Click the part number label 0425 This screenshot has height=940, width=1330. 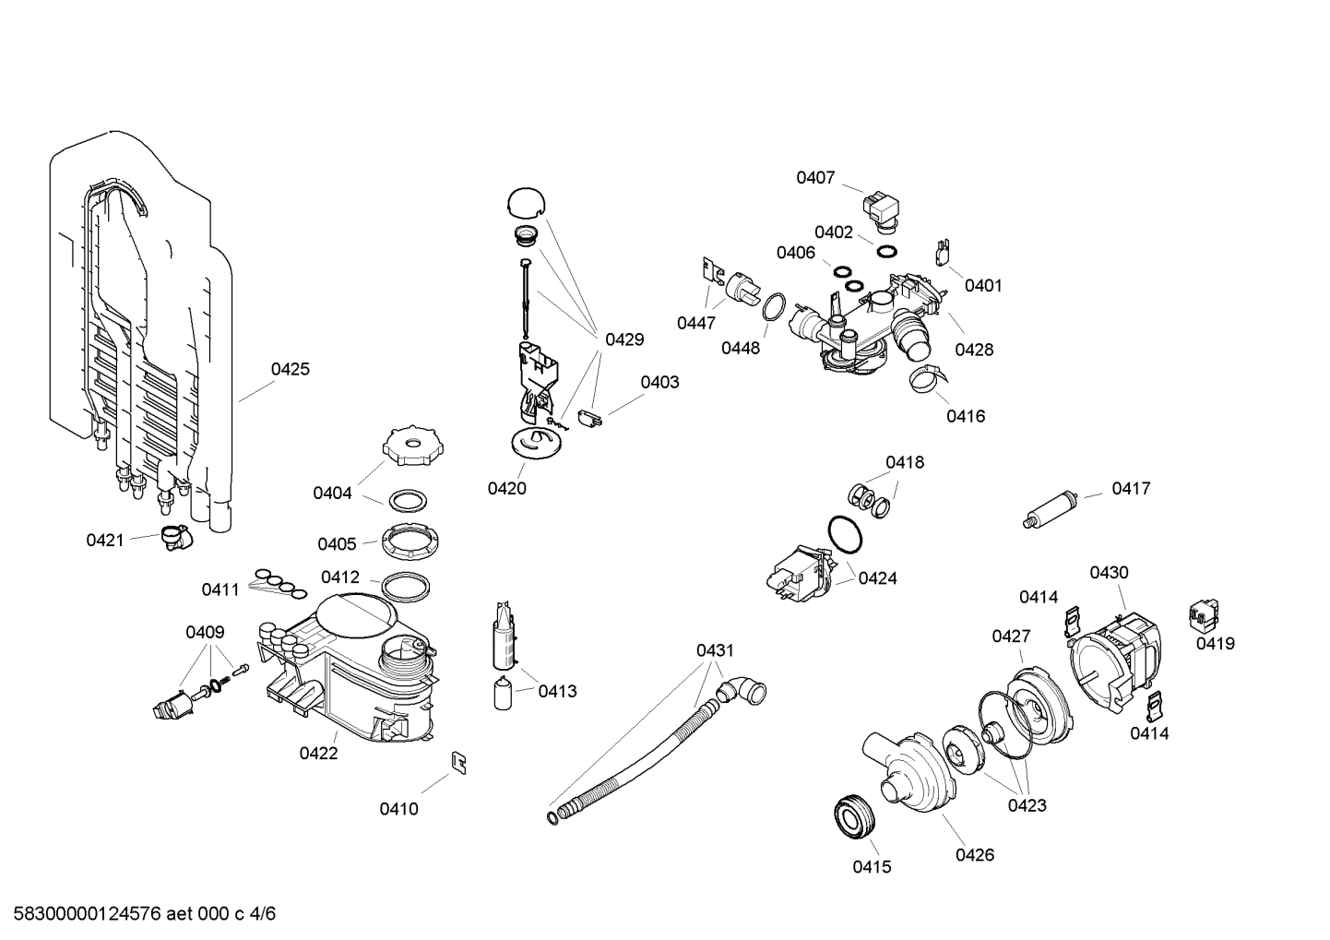pos(290,369)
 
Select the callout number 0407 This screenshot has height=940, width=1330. pos(815,177)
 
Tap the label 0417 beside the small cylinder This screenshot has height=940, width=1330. pos(1131,488)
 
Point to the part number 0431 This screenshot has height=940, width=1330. pos(715,650)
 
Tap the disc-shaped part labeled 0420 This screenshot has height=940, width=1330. pos(534,442)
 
